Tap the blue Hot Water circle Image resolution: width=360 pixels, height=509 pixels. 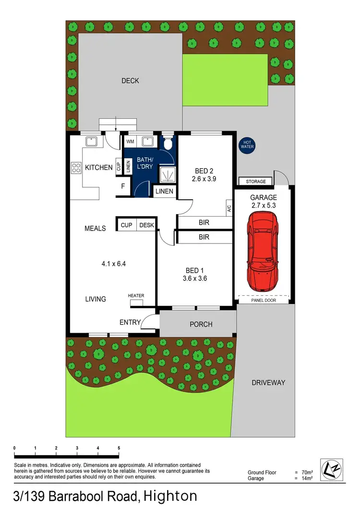click(x=248, y=145)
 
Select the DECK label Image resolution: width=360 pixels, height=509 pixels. click(x=130, y=81)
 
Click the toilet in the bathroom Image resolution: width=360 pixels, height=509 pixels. click(x=168, y=143)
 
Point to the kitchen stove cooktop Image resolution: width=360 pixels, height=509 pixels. click(x=76, y=167)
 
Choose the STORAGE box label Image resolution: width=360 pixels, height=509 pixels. click(x=256, y=182)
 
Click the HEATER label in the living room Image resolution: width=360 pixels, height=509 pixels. click(x=136, y=296)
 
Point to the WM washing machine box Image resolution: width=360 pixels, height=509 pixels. click(x=130, y=142)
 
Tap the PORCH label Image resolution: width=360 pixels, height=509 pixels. click(x=201, y=324)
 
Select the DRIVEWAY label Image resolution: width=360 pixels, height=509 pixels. click(x=268, y=383)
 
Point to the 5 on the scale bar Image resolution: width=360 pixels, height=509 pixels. click(x=119, y=448)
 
